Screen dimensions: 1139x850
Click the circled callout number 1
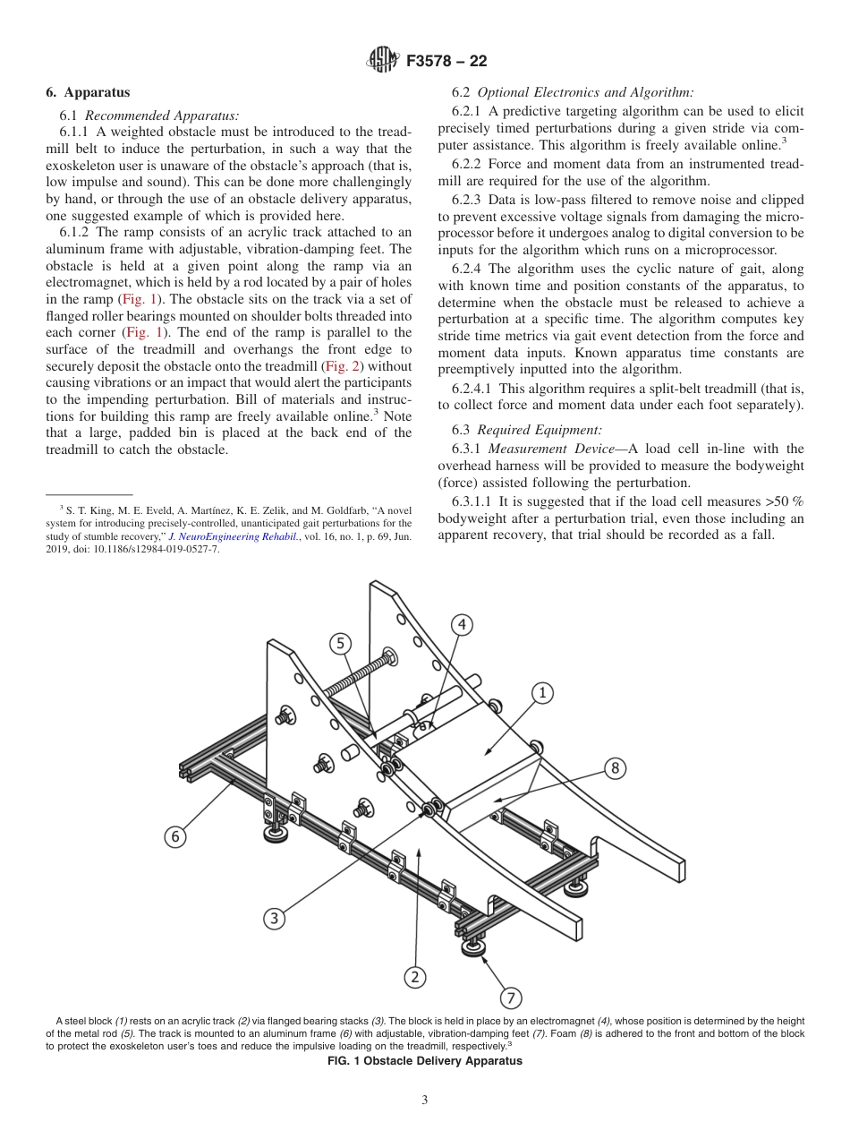click(541, 691)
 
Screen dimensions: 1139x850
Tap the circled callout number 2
click(413, 977)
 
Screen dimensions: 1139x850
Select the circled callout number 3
click(275, 918)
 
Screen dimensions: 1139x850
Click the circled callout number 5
click(339, 642)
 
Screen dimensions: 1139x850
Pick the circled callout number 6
click(175, 836)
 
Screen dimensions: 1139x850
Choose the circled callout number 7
click(509, 997)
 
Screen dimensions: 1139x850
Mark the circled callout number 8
click(615, 767)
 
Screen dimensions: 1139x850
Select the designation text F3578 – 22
click(446, 61)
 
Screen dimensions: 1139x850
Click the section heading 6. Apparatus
click(88, 92)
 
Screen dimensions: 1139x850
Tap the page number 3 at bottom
click(425, 1100)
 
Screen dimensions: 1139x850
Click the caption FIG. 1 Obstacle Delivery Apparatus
click(425, 1061)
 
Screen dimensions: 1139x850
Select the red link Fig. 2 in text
click(341, 366)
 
